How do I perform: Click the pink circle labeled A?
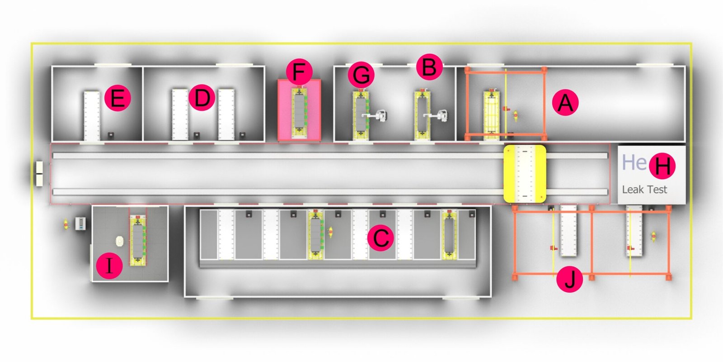(565, 102)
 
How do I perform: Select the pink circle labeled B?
(429, 67)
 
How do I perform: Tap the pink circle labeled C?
(380, 238)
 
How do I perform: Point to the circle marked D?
(202, 98)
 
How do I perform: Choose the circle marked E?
(118, 98)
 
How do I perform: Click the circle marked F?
(299, 72)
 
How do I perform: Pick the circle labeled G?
(361, 75)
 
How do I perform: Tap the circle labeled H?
(662, 166)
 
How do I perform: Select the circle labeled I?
(109, 266)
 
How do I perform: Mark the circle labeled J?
(570, 279)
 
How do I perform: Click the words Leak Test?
(644, 190)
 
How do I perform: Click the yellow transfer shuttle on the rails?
(525, 174)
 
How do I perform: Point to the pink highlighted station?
(299, 110)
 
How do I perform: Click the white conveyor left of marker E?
(92, 116)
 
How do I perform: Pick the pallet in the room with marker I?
(138, 241)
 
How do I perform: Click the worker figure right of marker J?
(653, 237)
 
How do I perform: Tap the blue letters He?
(634, 162)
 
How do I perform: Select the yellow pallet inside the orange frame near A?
(491, 115)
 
